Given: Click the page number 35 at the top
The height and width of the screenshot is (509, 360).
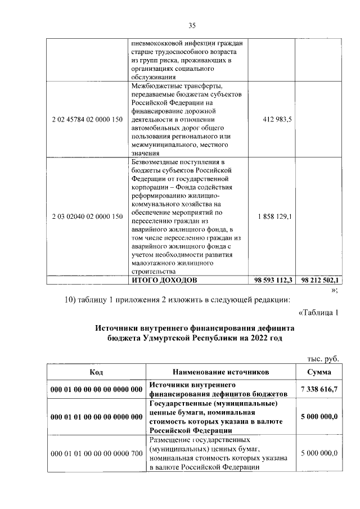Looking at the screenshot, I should (191, 25).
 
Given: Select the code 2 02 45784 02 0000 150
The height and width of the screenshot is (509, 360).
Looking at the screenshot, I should (87, 119).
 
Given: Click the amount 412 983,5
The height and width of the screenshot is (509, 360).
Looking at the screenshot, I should (274, 119).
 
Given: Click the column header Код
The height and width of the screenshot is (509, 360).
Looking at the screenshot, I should (96, 372).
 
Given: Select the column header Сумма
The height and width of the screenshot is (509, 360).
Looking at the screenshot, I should (319, 372).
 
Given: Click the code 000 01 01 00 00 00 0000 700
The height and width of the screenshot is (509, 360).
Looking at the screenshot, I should (96, 453).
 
